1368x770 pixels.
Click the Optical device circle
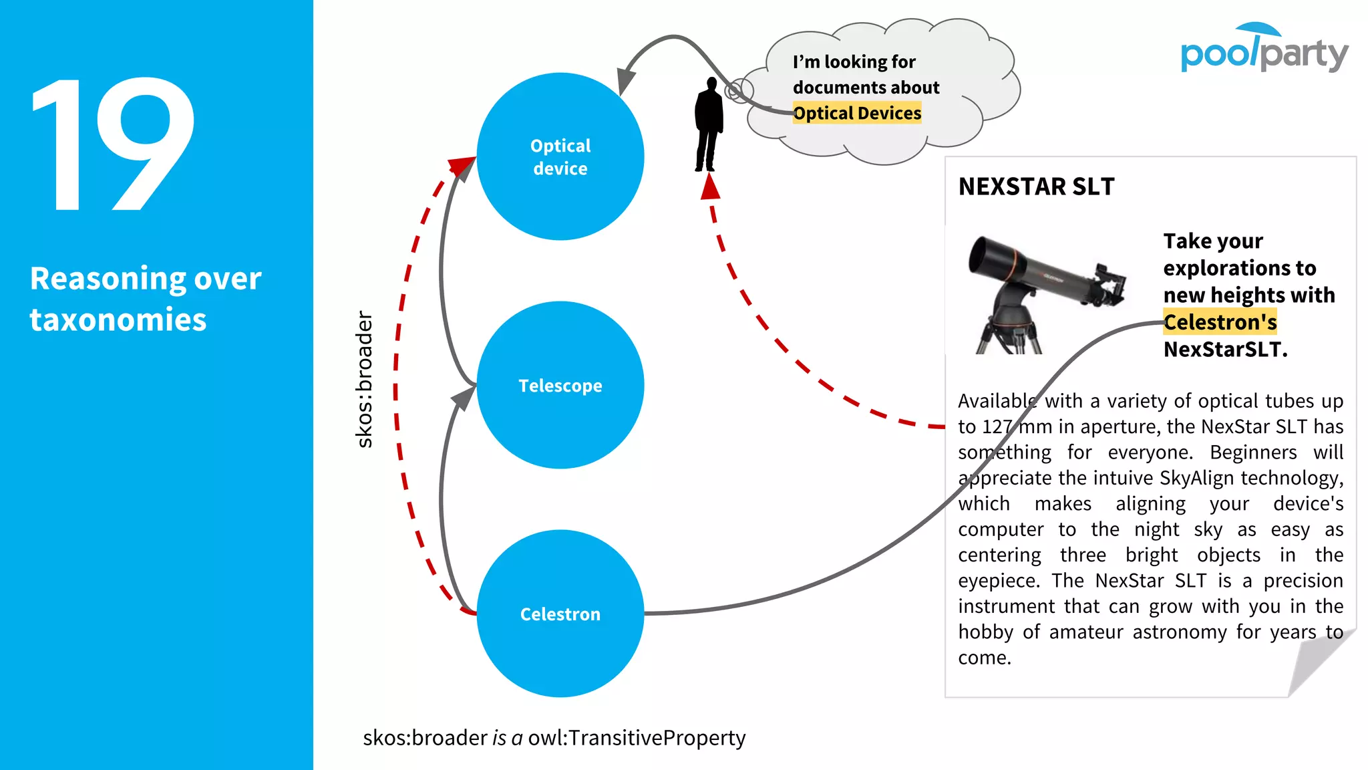click(x=560, y=156)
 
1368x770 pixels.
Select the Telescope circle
click(x=560, y=385)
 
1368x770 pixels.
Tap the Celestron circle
click(x=560, y=614)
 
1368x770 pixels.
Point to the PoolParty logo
click(x=1264, y=49)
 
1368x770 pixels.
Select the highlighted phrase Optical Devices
click(x=857, y=114)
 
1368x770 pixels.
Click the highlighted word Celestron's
click(x=1220, y=322)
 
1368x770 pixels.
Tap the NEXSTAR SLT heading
click(x=1036, y=186)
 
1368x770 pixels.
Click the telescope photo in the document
click(x=1045, y=294)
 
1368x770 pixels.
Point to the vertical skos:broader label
click(x=364, y=379)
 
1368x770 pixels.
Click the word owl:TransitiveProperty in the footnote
click(x=637, y=738)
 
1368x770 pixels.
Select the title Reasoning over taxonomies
click(x=146, y=299)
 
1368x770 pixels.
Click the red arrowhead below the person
click(x=710, y=186)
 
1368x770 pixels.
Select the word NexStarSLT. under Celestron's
click(x=1225, y=350)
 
